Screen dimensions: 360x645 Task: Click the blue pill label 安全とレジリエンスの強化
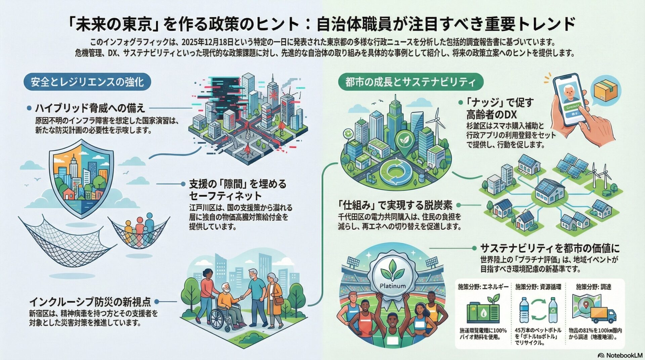pos(87,82)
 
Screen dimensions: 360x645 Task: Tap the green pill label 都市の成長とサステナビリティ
pos(411,82)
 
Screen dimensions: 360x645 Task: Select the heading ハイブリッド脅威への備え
pos(90,108)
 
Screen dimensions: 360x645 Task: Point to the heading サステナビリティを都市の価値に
pos(550,249)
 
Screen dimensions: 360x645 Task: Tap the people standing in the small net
pos(138,230)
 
